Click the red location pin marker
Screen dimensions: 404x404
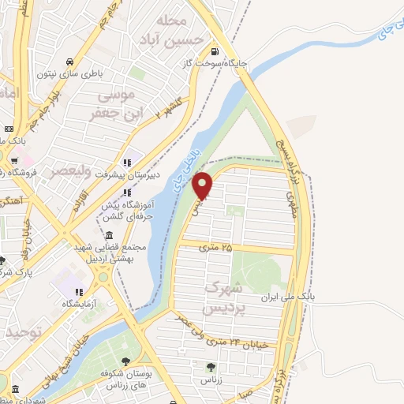pyautogui.click(x=204, y=185)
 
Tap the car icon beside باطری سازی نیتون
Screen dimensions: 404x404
pyautogui.click(x=71, y=62)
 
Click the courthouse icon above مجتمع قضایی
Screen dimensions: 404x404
pyautogui.click(x=107, y=234)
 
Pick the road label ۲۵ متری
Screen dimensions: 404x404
pyautogui.click(x=216, y=248)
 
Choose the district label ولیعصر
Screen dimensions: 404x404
pyautogui.click(x=73, y=171)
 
